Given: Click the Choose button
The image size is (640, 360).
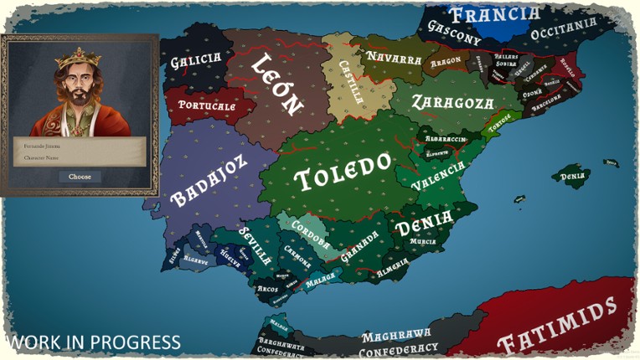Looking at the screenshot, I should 80,177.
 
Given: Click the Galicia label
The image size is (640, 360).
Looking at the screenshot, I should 196,61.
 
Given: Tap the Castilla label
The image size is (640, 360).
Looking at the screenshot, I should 349,81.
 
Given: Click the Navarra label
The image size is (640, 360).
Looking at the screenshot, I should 392,59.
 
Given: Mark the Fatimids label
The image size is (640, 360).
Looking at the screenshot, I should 562,325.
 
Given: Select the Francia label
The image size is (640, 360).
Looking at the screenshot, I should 494,14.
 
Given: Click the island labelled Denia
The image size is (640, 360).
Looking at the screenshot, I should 572,177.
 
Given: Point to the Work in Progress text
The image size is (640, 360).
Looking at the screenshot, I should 93,342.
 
